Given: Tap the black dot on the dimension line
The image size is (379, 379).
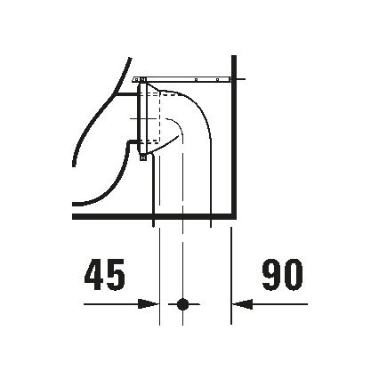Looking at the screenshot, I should coord(183,304).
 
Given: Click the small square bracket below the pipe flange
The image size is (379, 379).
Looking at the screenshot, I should coord(141,155).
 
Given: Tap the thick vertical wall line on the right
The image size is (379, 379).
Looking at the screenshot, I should coord(232,142).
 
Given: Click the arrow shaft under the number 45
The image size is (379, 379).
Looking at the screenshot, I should coord(111,304).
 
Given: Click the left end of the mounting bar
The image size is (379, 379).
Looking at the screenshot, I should coord(134,79).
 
